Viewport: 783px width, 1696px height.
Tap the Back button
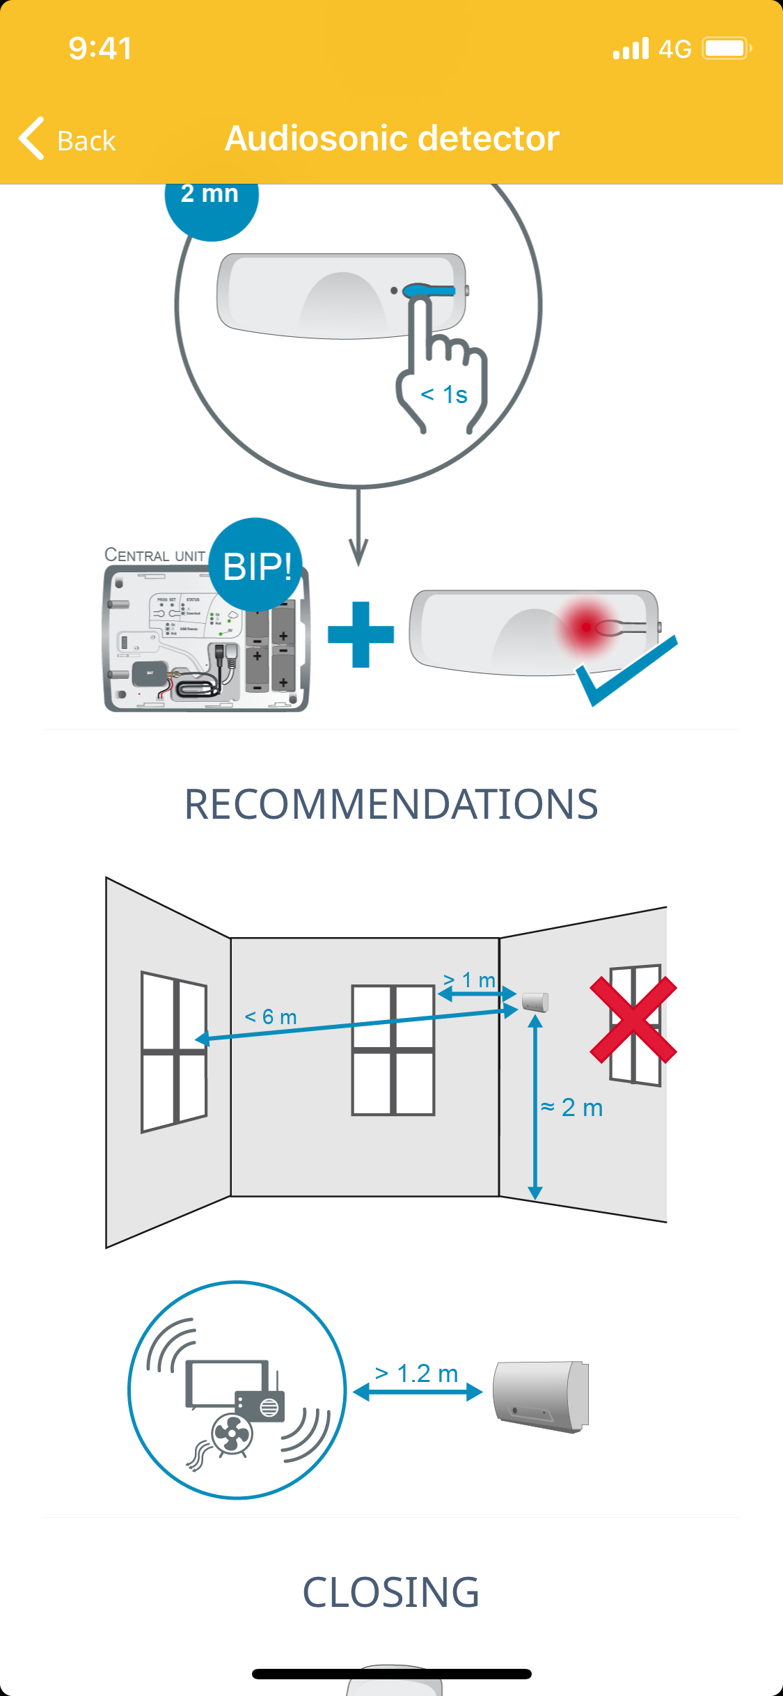(68, 139)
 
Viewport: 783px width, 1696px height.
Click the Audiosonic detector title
(392, 138)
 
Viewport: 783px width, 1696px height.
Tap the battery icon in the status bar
(726, 49)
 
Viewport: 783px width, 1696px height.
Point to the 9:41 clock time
(100, 49)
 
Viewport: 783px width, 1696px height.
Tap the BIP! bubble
(256, 565)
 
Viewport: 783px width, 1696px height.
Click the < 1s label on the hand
(444, 395)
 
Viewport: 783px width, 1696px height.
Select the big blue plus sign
(361, 634)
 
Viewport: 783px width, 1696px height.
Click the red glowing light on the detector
(586, 627)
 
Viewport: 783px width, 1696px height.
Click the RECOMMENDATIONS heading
(391, 804)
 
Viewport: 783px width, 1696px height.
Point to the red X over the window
(633, 1019)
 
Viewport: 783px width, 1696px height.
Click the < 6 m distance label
(271, 1017)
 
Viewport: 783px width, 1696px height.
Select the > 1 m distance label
(470, 980)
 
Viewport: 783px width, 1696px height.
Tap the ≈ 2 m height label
(572, 1107)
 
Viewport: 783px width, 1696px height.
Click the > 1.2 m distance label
(416, 1374)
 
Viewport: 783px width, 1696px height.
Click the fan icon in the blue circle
(231, 1434)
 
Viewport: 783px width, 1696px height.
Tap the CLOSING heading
(391, 1592)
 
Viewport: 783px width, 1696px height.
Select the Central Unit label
(155, 555)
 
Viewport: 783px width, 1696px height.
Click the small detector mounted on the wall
(535, 1002)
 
